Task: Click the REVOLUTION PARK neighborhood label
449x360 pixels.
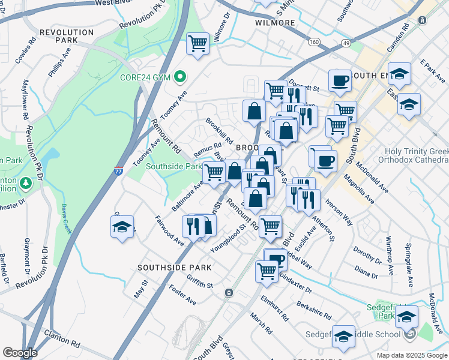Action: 67,35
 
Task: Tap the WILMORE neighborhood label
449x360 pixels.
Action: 275,23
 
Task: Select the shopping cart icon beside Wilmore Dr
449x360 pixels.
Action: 197,44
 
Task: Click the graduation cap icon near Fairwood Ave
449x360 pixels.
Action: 122,227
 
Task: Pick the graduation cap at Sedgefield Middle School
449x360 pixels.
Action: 344,337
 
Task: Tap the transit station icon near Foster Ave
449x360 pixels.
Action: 229,293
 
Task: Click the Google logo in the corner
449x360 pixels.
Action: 20,352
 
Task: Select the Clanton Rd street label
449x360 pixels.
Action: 61,343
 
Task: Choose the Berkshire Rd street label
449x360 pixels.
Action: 313,310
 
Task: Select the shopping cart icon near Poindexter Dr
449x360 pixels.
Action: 267,270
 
